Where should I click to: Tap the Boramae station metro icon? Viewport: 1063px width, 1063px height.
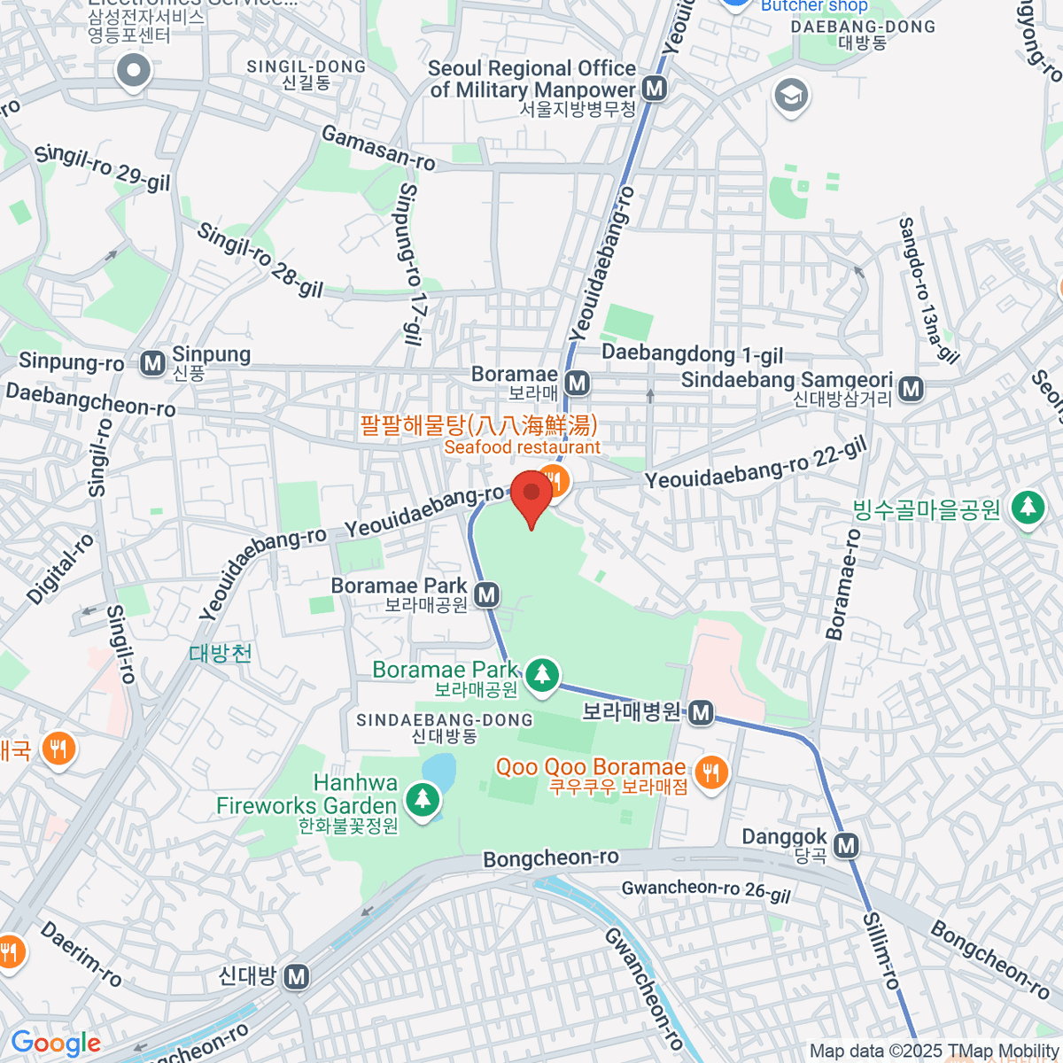click(578, 383)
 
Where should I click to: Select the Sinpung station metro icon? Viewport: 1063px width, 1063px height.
click(153, 363)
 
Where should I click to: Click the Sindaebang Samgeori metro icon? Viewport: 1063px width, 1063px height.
click(911, 388)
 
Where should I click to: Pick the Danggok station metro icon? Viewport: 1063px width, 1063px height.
click(847, 845)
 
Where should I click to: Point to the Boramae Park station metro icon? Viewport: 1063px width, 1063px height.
click(486, 595)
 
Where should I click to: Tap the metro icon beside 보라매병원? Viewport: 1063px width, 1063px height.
click(701, 712)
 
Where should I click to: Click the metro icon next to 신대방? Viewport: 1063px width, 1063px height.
click(297, 977)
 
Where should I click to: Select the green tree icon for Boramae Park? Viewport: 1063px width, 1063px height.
click(542, 675)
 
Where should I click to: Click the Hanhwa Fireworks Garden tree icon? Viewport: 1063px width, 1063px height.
click(423, 799)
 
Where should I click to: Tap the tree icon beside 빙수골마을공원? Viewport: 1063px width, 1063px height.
click(1028, 508)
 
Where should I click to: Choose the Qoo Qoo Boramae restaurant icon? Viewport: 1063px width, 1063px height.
click(710, 772)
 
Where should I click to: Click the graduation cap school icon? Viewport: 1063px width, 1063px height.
click(791, 95)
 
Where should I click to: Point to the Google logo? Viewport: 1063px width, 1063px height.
click(56, 1044)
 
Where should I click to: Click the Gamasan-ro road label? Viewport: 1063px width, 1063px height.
click(378, 148)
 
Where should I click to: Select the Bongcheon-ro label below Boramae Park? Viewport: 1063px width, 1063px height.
click(550, 858)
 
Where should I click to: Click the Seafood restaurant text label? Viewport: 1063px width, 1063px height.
click(522, 447)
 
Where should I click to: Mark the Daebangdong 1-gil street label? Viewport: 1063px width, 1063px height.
click(692, 354)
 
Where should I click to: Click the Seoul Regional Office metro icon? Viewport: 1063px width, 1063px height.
click(655, 89)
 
